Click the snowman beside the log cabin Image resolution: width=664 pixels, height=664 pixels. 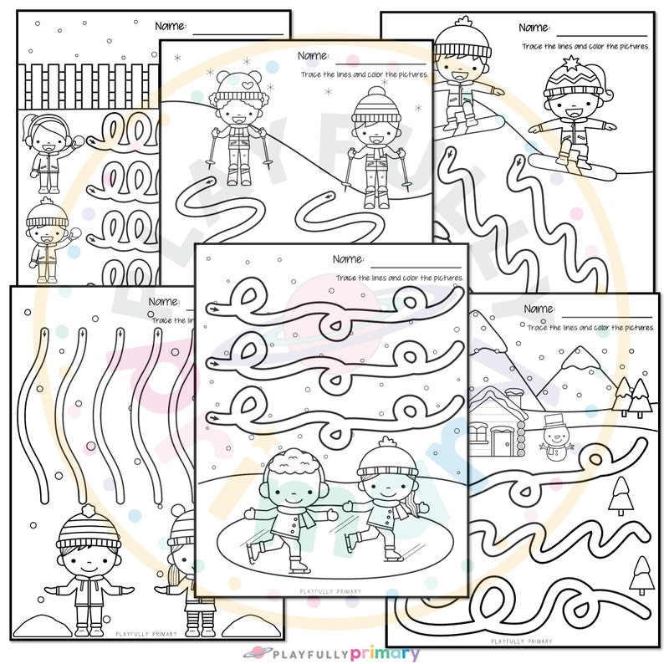click(x=551, y=436)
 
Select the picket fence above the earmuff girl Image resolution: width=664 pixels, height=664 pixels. click(x=84, y=84)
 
